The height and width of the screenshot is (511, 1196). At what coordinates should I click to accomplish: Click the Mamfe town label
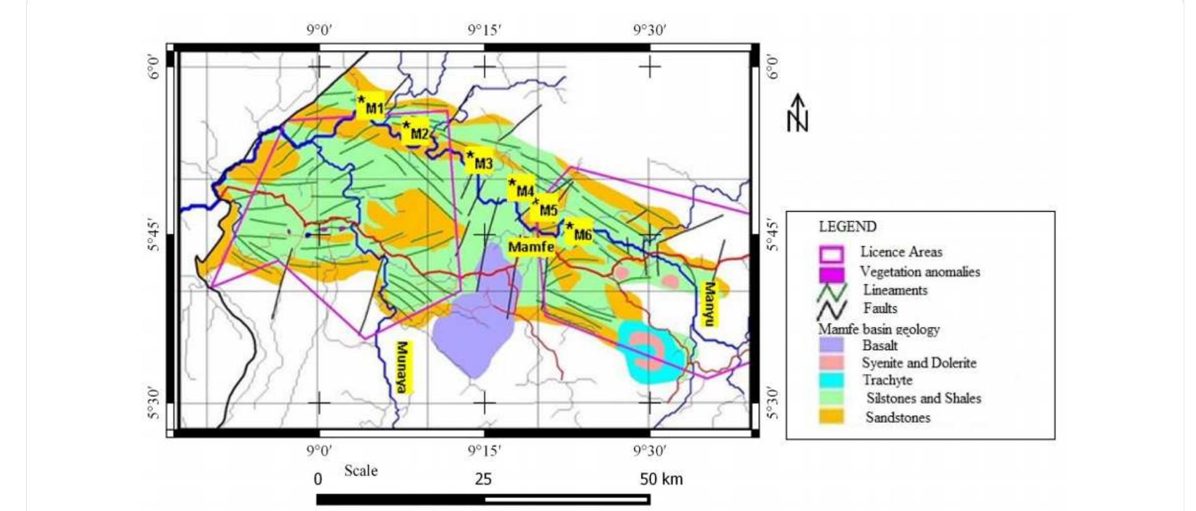[x=531, y=247]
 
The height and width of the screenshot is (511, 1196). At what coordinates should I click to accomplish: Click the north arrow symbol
[x=798, y=113]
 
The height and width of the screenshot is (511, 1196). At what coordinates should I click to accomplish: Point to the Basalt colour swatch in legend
[x=831, y=345]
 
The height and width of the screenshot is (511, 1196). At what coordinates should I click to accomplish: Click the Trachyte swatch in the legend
[x=831, y=380]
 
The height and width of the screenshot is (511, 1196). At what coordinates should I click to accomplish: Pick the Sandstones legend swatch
[x=831, y=417]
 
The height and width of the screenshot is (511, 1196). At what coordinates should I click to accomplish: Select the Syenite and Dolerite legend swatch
[x=831, y=362]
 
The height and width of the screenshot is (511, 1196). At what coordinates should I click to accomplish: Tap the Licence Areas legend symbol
[x=831, y=253]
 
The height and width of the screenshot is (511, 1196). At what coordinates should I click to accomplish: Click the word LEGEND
[x=847, y=226]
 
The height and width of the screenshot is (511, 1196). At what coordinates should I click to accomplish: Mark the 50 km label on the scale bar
[x=661, y=479]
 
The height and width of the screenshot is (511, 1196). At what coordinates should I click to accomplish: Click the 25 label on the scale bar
[x=483, y=479]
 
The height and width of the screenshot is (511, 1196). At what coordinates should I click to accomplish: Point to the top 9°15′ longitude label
[x=484, y=30]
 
